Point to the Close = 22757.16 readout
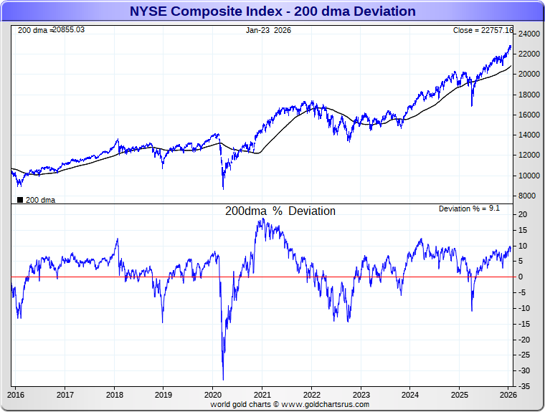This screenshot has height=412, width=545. click(483, 30)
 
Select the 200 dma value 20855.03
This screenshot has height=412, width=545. click(69, 30)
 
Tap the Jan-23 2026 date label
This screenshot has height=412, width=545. click(268, 30)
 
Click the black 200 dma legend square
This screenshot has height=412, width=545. click(20, 200)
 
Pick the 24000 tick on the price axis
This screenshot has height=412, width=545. click(529, 34)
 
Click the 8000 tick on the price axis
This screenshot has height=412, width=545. click(526, 196)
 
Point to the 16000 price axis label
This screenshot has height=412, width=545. click(529, 115)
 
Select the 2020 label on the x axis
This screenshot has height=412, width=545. click(213, 394)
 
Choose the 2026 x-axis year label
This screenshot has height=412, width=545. click(507, 394)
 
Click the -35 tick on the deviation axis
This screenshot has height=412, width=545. click(524, 386)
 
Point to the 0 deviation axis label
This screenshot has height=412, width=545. click(521, 277)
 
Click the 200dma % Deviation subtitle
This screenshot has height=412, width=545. click(280, 211)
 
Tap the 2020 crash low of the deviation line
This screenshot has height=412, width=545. click(223, 379)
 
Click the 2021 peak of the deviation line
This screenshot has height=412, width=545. click(262, 219)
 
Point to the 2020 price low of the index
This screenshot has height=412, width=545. click(223, 188)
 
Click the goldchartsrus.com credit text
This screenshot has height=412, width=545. click(290, 404)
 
